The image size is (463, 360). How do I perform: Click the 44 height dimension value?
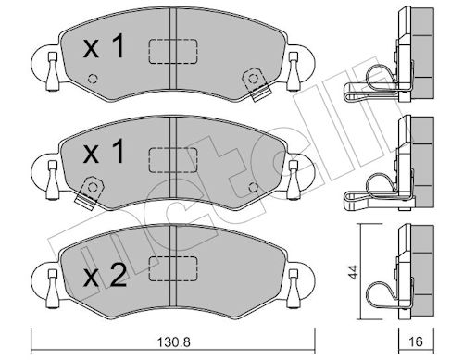pyautogui.click(x=355, y=272)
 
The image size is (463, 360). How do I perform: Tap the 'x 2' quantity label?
pyautogui.click(x=105, y=276)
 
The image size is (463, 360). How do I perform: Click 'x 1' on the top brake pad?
pyautogui.click(x=104, y=46)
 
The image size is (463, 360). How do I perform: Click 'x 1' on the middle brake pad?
pyautogui.click(x=104, y=152)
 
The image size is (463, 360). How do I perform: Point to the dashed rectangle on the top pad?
pyautogui.click(x=173, y=52)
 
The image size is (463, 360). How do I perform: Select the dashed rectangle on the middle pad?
pyautogui.click(x=173, y=160)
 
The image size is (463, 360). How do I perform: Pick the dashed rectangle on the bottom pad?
pyautogui.click(x=173, y=268)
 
